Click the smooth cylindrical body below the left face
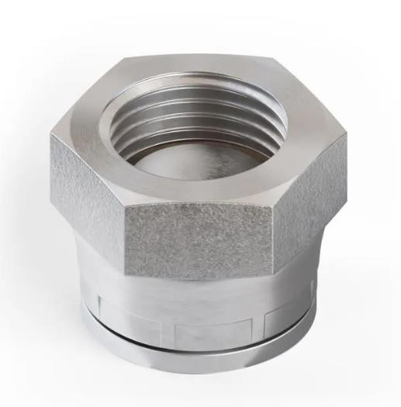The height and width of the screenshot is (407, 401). click(x=97, y=271)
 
